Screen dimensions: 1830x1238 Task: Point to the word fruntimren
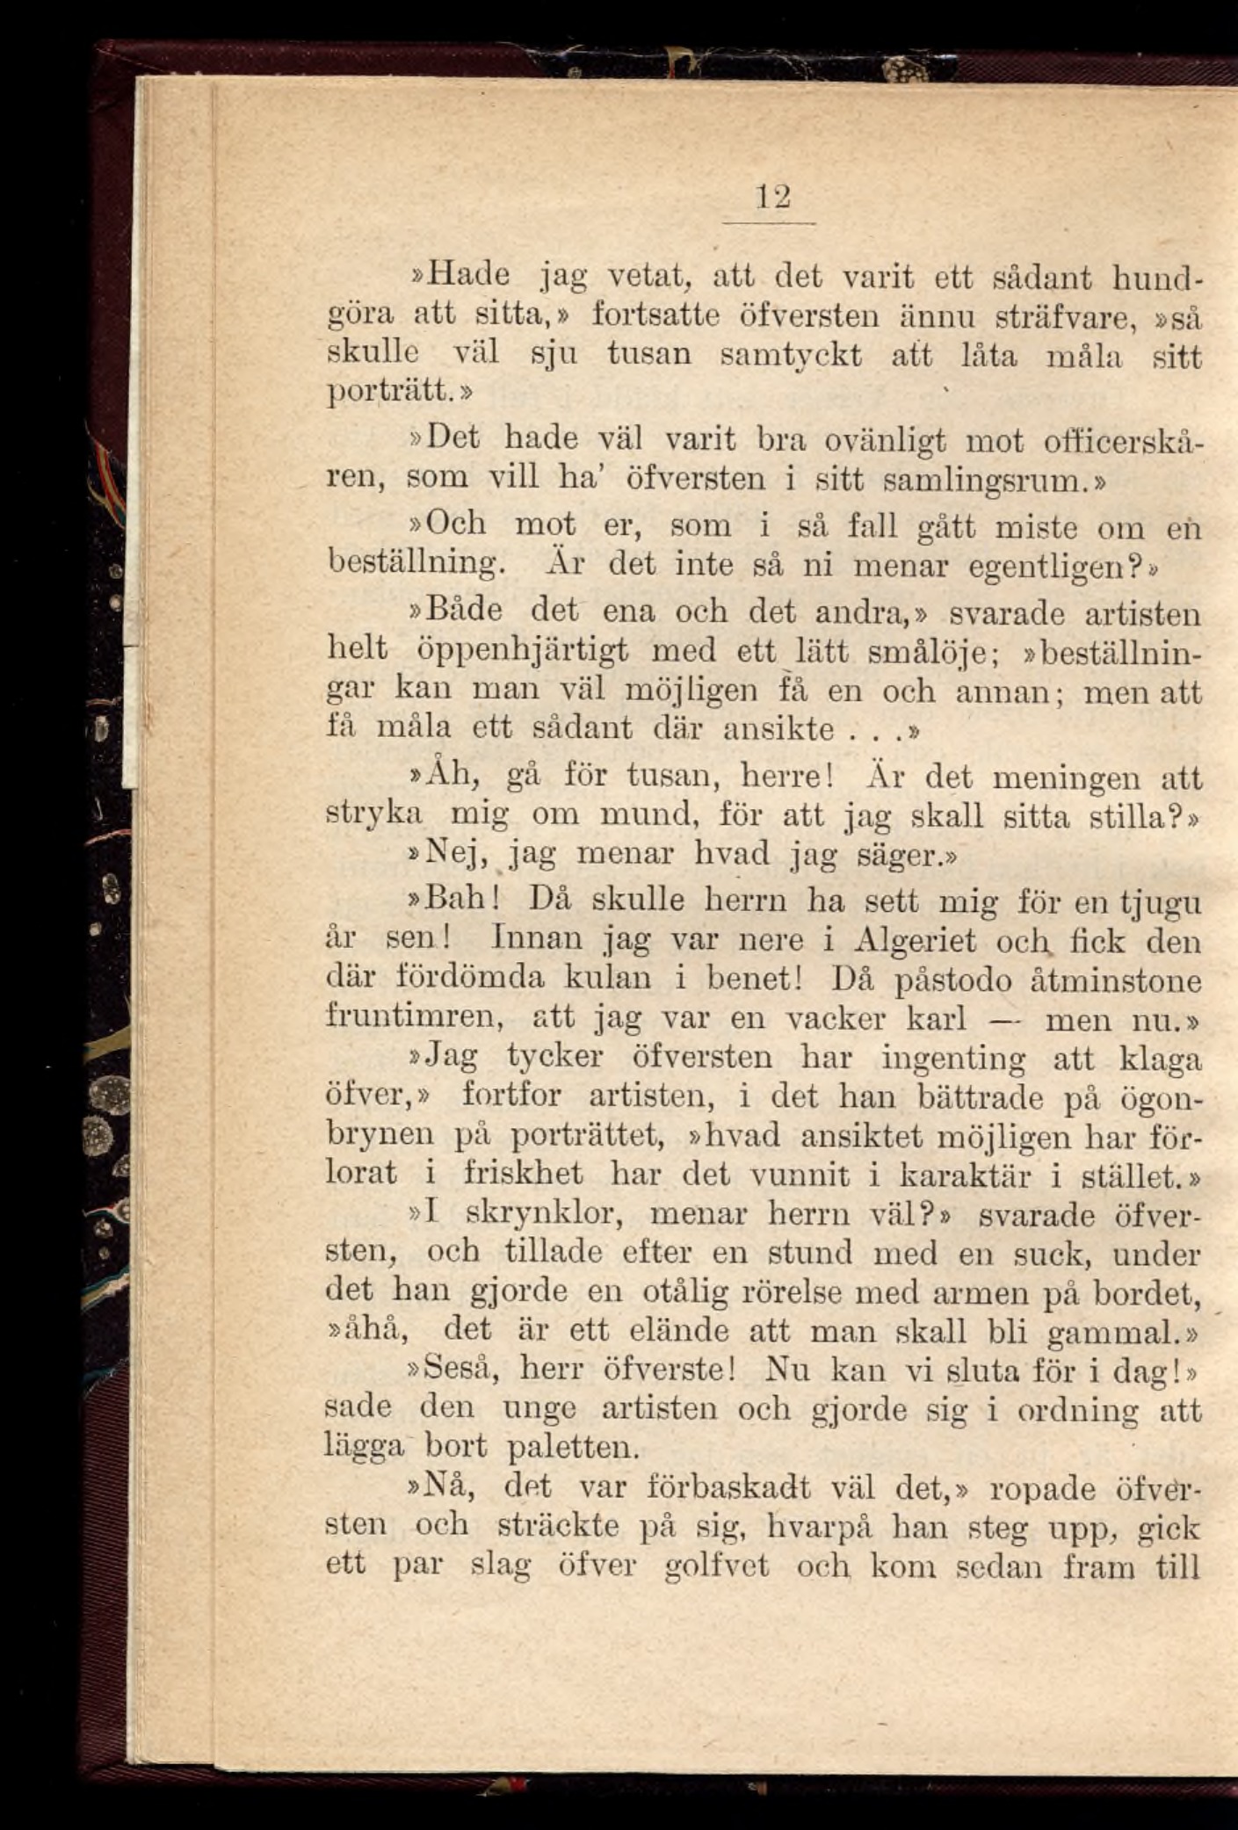[414, 1019]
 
